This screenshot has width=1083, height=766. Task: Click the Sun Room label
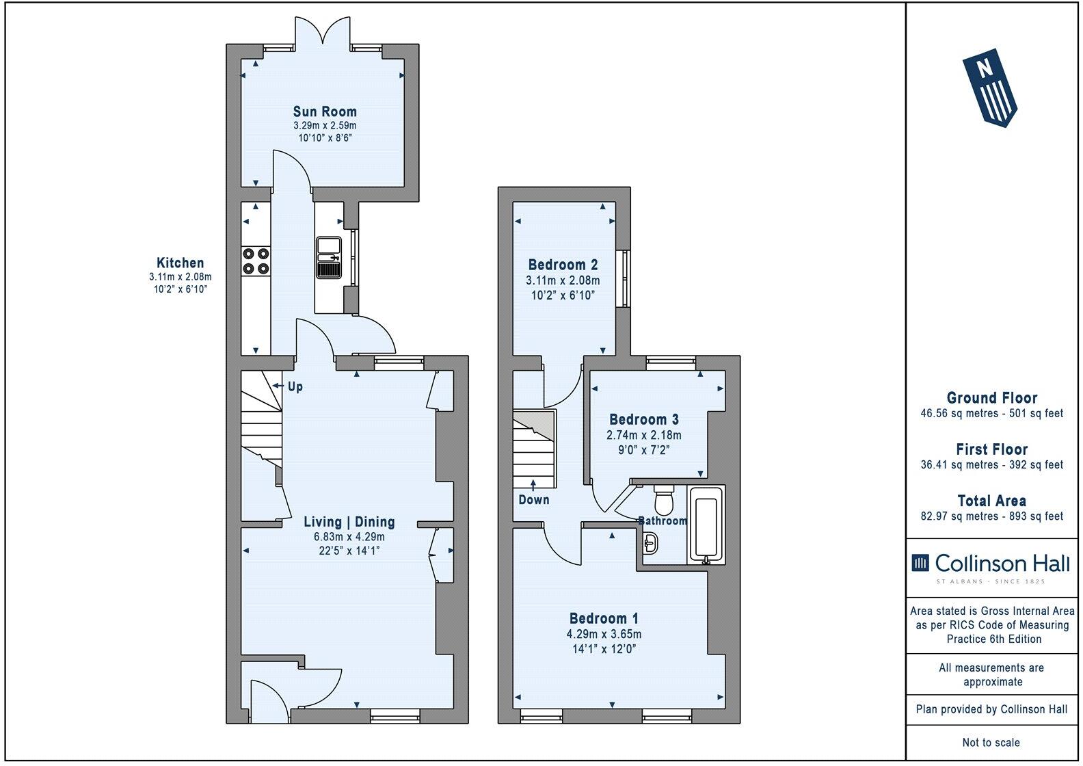pyautogui.click(x=325, y=111)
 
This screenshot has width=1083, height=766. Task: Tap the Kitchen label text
pyautogui.click(x=180, y=263)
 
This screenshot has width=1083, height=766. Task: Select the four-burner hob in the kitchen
pyautogui.click(x=256, y=261)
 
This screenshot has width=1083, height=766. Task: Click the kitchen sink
pyautogui.click(x=329, y=258)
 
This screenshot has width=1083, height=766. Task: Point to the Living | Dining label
pyautogui.click(x=349, y=522)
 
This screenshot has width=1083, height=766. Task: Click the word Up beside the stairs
pyautogui.click(x=295, y=387)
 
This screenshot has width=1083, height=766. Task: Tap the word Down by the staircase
pyautogui.click(x=534, y=499)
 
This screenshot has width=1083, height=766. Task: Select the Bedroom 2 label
pyautogui.click(x=563, y=265)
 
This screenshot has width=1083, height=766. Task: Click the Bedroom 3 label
pyautogui.click(x=644, y=419)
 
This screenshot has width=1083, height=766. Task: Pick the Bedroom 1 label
pyautogui.click(x=604, y=618)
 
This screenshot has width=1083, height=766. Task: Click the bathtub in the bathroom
pyautogui.click(x=706, y=525)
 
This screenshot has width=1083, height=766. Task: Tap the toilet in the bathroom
pyautogui.click(x=664, y=500)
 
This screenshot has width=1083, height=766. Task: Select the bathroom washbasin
pyautogui.click(x=651, y=543)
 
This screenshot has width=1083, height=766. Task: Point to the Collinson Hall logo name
pyautogui.click(x=1002, y=564)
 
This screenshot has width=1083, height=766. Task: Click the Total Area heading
pyautogui.click(x=991, y=501)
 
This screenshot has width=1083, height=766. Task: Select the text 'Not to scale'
pyautogui.click(x=991, y=742)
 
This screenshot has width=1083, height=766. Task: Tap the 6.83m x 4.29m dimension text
pyautogui.click(x=349, y=537)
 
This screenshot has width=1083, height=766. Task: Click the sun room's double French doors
pyautogui.click(x=323, y=31)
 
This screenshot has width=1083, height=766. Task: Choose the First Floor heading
pyautogui.click(x=991, y=449)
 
